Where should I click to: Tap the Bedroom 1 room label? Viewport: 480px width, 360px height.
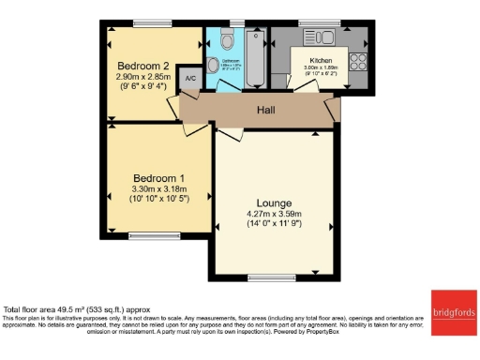coord(157,178)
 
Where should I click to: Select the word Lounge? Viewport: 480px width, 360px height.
coord(274,203)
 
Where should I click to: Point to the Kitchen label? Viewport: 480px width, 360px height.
coord(321,60)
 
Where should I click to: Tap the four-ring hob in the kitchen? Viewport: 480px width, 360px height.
coord(357,62)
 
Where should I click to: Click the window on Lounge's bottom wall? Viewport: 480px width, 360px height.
coord(266,277)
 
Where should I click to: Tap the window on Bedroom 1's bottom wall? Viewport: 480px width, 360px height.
coord(145,234)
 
